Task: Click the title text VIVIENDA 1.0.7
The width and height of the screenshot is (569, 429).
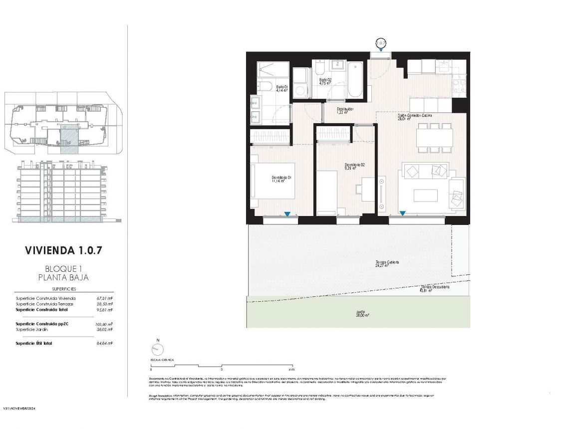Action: [64, 250]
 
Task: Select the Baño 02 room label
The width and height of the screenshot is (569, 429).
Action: [325, 81]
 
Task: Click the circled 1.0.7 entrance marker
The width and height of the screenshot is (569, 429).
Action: [381, 43]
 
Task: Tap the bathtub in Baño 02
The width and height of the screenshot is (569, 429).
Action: [355, 80]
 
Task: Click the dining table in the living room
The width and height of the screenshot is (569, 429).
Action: [433, 137]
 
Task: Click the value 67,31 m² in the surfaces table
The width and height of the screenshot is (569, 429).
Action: [105, 298]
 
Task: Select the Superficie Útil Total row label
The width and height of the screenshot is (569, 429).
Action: [34, 343]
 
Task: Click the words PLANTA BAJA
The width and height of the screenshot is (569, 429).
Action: [64, 277]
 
